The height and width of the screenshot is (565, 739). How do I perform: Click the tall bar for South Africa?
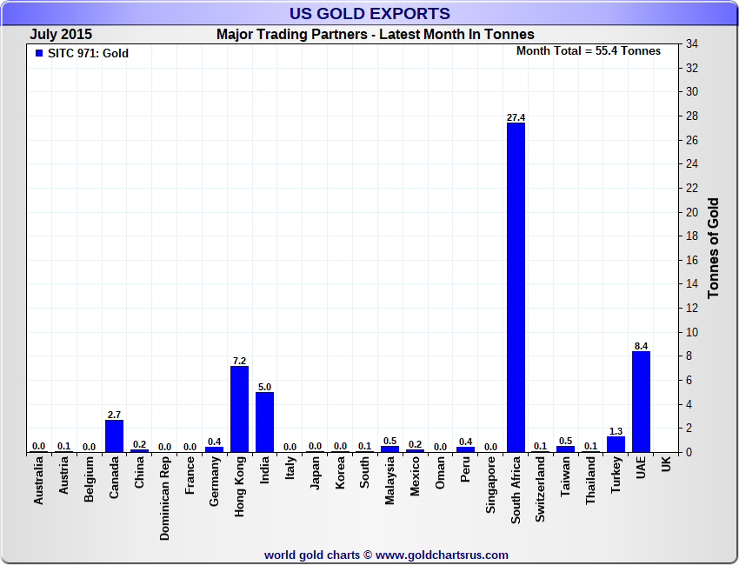[516, 287]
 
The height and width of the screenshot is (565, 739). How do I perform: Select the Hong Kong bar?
[239, 409]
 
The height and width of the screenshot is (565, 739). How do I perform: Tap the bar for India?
[264, 422]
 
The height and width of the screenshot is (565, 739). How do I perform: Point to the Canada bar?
[114, 435]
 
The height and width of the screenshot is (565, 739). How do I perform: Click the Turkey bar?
[616, 443]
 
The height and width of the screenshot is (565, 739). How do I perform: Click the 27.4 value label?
[516, 117]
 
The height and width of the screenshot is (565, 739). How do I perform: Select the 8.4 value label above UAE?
[641, 346]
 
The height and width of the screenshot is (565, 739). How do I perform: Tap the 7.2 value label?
[239, 360]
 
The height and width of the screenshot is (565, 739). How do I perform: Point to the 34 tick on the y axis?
[692, 43]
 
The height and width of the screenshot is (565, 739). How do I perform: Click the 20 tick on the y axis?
[692, 212]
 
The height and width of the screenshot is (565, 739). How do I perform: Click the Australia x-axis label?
[39, 482]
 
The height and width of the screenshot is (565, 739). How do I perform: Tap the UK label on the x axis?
[666, 465]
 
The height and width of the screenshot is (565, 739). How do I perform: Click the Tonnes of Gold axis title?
[714, 249]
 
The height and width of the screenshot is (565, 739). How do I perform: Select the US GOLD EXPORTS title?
[369, 13]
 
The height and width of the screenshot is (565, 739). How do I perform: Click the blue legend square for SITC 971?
[38, 54]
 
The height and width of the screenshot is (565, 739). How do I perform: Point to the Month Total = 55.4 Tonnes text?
[588, 50]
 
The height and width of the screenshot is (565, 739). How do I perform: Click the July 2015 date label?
[61, 34]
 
